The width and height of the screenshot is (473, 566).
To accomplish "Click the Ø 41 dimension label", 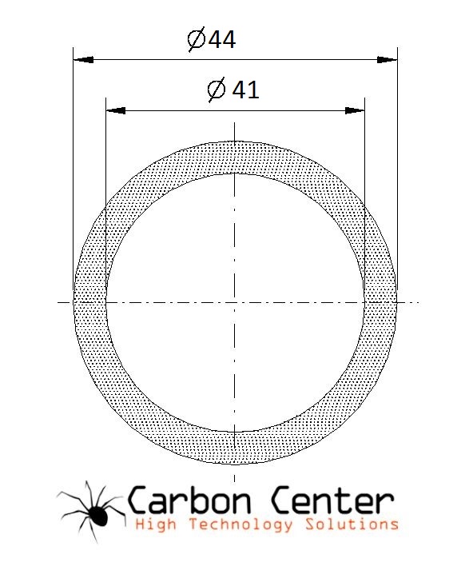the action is click(x=233, y=90).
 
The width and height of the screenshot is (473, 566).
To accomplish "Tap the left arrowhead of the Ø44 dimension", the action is click(x=83, y=60).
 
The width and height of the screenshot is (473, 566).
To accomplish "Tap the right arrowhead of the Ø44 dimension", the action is click(x=388, y=60).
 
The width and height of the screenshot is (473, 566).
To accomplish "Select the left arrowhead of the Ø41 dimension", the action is click(x=116, y=110).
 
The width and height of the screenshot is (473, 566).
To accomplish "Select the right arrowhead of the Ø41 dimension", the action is click(x=355, y=110).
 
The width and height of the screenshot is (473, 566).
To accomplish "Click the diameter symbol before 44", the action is click(x=197, y=39).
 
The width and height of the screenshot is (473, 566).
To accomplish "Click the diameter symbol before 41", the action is click(x=217, y=90).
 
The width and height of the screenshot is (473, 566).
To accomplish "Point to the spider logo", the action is click(x=92, y=512).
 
